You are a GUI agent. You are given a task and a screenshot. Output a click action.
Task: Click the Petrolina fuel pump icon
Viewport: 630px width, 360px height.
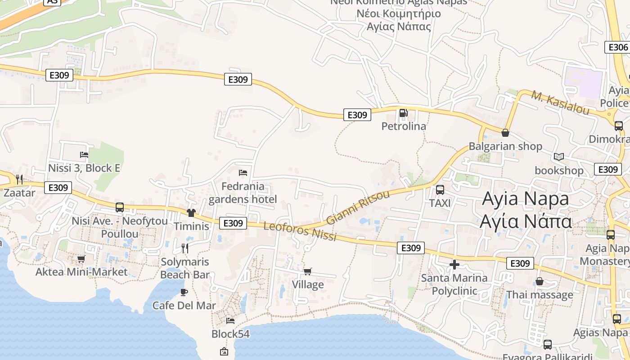404,113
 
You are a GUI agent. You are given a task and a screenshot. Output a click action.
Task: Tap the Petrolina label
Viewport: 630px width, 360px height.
404,126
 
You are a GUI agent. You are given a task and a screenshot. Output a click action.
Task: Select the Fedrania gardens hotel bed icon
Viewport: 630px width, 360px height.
243,172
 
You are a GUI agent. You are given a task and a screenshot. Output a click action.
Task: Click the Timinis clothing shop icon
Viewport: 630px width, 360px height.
191,212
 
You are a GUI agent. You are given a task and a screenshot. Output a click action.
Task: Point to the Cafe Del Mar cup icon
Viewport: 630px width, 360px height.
184,292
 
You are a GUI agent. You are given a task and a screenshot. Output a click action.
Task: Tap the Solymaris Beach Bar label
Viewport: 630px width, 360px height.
185,268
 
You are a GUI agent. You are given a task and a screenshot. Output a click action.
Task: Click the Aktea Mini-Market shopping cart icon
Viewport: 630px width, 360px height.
81,259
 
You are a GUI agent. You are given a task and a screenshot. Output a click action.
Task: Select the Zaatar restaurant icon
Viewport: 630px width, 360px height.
19,180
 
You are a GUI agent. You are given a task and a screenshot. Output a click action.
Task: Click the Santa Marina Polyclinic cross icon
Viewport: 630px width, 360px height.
454,265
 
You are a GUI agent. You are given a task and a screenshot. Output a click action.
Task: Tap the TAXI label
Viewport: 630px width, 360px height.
440,203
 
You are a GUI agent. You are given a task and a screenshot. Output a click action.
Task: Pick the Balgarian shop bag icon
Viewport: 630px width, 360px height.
505,133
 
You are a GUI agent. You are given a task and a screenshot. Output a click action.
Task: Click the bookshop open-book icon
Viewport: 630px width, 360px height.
559,157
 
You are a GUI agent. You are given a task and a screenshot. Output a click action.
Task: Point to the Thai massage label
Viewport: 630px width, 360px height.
540,295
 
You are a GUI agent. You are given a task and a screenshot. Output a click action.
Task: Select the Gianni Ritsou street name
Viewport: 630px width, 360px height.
358,207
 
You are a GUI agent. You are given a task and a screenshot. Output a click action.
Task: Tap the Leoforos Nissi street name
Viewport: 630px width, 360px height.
300,231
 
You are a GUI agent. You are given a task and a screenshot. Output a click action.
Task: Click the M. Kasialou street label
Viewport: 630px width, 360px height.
560,103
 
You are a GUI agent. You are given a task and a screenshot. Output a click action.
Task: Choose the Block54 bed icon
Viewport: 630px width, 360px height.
230,320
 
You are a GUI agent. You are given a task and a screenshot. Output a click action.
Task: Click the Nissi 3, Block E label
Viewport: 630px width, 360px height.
84,168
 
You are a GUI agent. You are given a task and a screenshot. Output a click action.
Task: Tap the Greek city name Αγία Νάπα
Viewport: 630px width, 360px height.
526,221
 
